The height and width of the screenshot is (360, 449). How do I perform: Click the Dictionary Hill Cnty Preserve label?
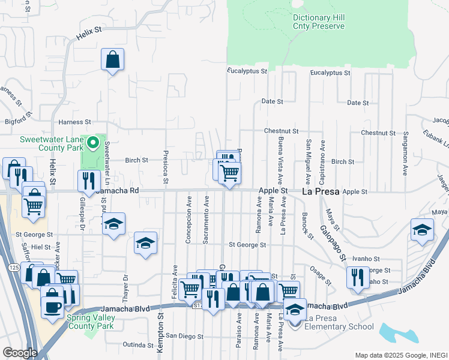319,22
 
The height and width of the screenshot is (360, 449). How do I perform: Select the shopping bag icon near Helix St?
112,60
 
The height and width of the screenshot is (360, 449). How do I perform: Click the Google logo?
20,352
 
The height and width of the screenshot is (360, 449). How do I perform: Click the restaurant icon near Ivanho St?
358,277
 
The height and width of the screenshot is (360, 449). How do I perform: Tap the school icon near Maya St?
422,230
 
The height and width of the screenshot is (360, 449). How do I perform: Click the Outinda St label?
137,345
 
